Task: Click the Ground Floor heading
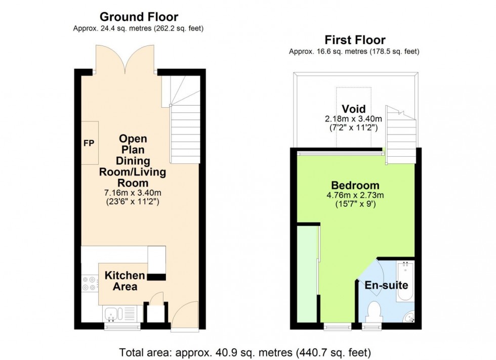[138, 17]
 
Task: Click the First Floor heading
[355, 40]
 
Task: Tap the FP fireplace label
[89, 143]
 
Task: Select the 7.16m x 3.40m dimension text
[133, 193]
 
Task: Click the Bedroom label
[355, 185]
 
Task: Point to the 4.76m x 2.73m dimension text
[355, 195]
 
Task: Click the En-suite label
[386, 285]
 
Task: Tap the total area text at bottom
[245, 351]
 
